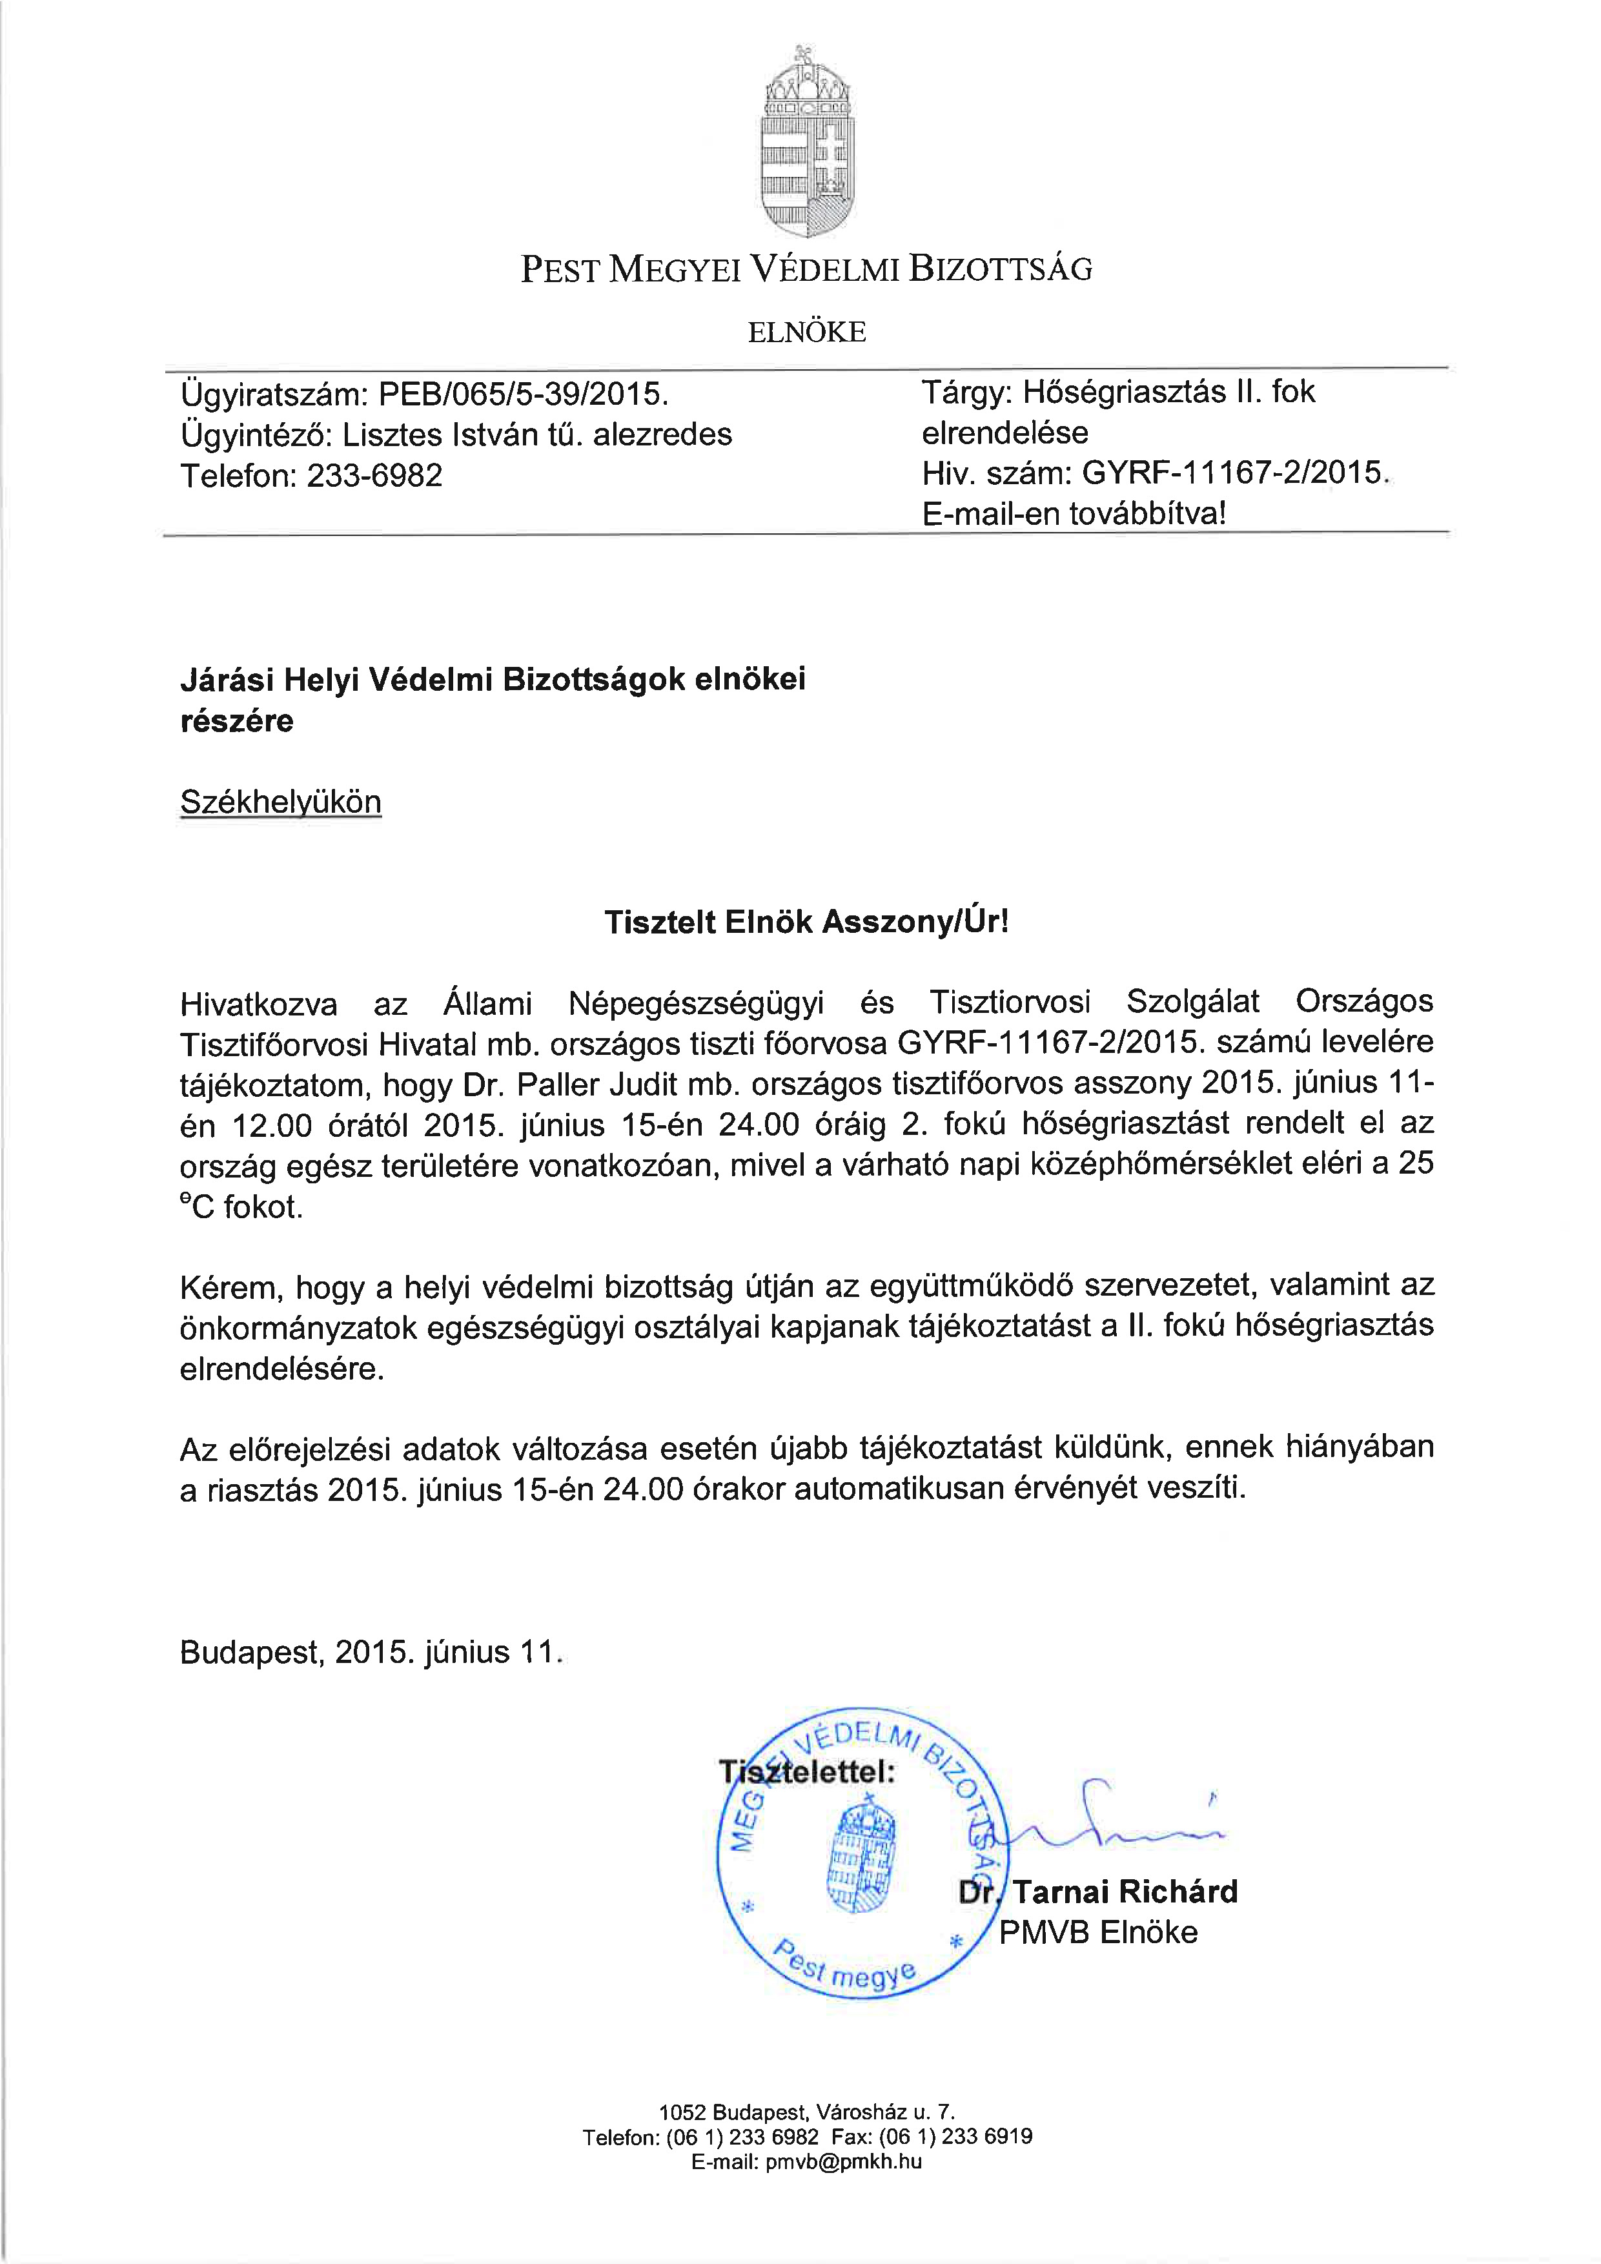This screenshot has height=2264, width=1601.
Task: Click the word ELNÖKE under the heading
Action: [806, 333]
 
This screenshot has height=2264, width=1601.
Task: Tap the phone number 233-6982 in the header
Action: [374, 476]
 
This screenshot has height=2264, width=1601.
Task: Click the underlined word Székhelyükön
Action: [280, 802]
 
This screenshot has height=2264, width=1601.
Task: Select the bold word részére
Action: [237, 721]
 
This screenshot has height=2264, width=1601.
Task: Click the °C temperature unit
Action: [196, 1207]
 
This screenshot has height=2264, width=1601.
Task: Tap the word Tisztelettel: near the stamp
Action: [806, 1772]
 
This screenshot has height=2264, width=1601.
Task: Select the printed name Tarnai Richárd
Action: [1125, 1892]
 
